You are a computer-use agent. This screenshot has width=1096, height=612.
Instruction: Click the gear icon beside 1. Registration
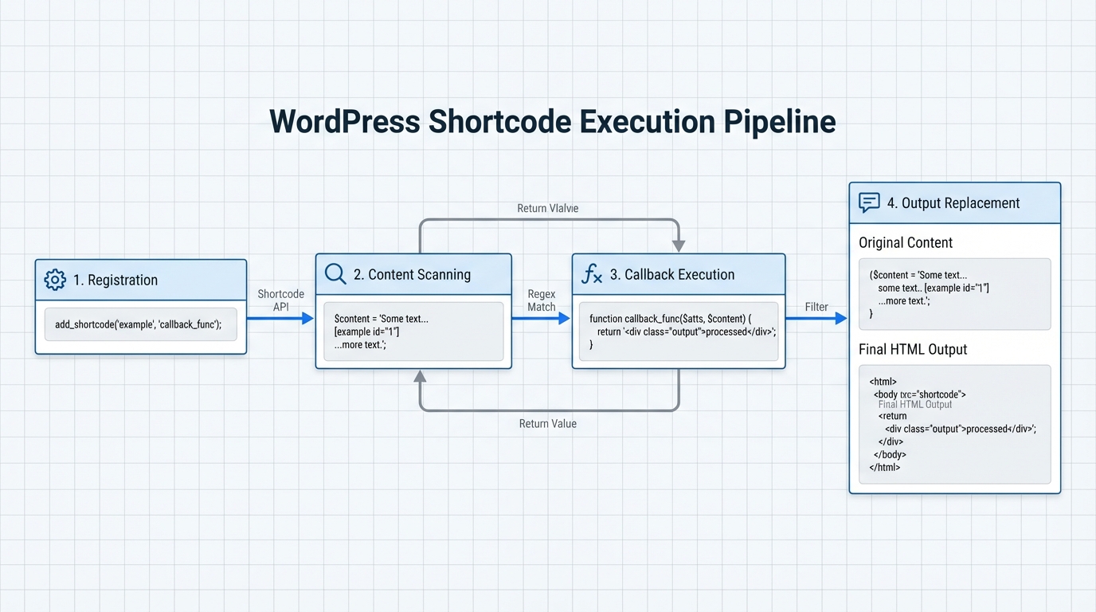(55, 280)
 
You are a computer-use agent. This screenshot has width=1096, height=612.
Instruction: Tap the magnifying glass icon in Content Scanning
(335, 274)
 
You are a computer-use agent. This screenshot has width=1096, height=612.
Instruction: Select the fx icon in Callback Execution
(592, 275)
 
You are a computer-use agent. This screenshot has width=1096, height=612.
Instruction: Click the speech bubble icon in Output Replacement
(869, 202)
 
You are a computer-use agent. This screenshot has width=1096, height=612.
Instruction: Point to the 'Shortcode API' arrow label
(281, 300)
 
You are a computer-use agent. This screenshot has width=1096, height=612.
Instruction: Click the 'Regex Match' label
(542, 300)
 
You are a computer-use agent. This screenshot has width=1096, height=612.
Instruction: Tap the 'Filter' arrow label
(816, 307)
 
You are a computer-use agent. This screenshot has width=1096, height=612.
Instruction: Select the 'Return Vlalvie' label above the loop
(547, 208)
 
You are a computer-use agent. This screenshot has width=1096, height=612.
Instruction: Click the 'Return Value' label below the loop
(547, 424)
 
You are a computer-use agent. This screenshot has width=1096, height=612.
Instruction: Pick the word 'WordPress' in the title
(344, 122)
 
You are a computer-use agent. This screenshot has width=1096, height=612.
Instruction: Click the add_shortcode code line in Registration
(138, 324)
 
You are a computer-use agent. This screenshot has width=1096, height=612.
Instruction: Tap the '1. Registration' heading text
(115, 280)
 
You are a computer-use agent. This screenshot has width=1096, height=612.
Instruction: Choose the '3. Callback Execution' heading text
(672, 275)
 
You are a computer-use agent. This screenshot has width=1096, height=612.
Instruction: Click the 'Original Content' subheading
(906, 242)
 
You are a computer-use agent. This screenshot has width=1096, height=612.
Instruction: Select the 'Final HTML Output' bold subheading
(913, 349)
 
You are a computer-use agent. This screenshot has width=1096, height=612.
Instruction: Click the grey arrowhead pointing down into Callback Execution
(679, 245)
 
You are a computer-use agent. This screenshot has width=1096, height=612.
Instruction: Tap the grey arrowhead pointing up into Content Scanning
(420, 377)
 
